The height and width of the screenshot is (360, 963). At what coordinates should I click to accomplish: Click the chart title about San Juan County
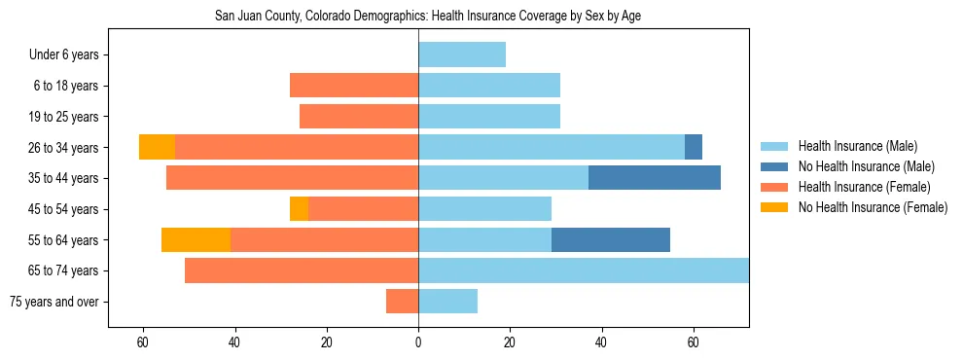tap(427, 17)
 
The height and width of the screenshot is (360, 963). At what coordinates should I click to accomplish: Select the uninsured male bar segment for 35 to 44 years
tap(655, 178)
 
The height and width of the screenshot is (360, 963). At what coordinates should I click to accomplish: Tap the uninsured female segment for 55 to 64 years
tap(196, 239)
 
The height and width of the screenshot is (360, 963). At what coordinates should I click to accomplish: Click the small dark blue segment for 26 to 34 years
tap(694, 147)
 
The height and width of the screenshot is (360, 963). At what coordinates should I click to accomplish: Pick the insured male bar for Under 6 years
tap(462, 54)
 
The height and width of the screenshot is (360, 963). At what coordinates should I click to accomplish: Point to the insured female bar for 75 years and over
tap(402, 302)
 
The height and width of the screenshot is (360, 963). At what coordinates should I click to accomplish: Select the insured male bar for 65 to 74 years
tap(584, 270)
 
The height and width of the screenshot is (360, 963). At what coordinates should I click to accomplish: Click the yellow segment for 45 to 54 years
tap(299, 209)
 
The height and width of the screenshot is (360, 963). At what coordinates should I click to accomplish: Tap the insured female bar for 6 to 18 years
tap(354, 86)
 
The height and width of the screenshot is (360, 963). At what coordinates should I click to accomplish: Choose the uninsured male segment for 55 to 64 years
tap(611, 239)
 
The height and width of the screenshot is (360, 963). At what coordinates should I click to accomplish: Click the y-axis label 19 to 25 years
tap(66, 117)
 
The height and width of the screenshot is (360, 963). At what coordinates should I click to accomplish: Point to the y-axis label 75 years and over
tap(54, 302)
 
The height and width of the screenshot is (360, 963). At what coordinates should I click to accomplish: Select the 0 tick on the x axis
tap(418, 342)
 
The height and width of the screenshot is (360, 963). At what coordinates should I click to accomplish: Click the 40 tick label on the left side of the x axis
tap(234, 342)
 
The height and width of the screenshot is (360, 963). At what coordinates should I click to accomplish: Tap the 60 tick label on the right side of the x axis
tap(694, 342)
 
